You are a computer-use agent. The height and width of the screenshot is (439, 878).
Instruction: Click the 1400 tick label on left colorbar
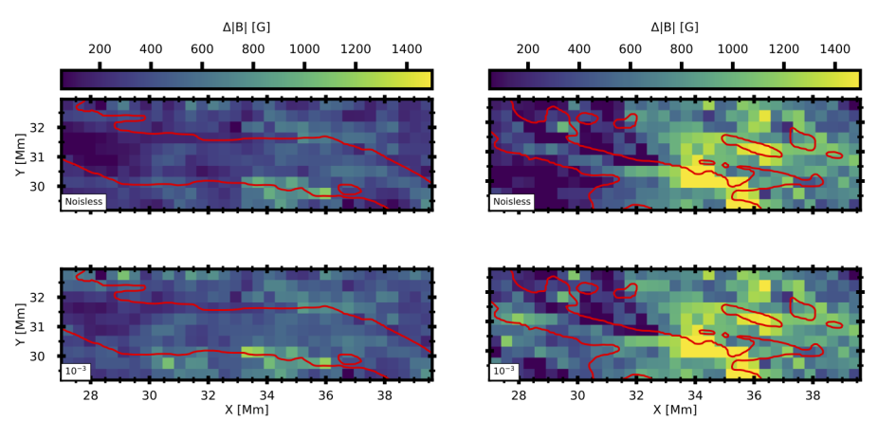[x=406, y=49]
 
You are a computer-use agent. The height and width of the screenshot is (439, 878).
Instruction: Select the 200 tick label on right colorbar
[x=528, y=49]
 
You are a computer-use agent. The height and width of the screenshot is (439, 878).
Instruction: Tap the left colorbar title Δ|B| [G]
[x=247, y=27]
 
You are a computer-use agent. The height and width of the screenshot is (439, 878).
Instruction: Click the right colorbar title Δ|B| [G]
[x=674, y=27]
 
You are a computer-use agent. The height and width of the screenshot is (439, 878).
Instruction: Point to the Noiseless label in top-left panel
[x=83, y=201]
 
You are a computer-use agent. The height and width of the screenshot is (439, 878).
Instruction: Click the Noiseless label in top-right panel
[x=512, y=201]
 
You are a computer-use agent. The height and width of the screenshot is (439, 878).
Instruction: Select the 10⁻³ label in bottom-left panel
[x=76, y=371]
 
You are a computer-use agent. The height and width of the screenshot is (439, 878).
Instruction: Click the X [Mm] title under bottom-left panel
[x=247, y=410]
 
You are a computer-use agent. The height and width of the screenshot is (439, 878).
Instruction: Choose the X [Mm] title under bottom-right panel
[x=674, y=410]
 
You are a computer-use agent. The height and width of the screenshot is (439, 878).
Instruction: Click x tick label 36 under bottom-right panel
[x=754, y=393]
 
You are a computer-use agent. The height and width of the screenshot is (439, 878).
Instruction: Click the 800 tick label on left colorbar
[x=253, y=49]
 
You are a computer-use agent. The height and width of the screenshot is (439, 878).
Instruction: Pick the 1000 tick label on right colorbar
[x=732, y=49]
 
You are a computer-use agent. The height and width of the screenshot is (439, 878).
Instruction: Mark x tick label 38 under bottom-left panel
[x=384, y=393]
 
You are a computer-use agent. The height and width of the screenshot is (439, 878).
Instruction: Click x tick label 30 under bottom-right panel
[x=577, y=393]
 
